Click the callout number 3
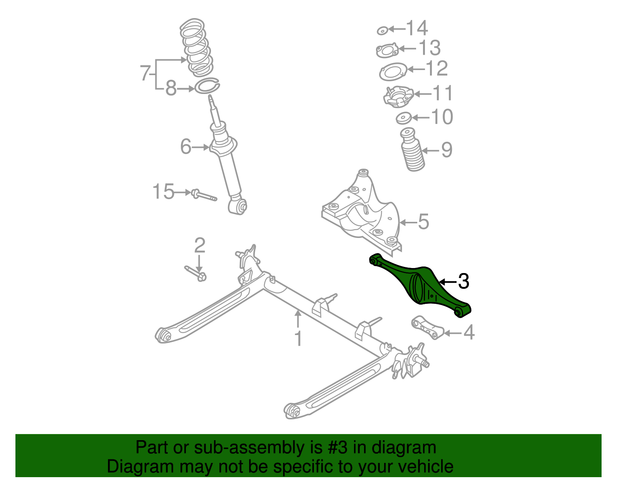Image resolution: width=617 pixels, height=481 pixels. (x=463, y=282)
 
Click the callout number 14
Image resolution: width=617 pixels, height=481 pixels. (x=417, y=28)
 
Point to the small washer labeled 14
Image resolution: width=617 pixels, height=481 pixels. (x=382, y=30)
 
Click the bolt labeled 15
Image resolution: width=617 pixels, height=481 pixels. (x=204, y=195)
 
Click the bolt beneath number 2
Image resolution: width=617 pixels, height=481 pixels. (x=196, y=273)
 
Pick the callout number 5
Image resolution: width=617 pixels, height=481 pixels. (x=423, y=222)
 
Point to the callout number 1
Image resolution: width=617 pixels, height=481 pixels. (x=298, y=339)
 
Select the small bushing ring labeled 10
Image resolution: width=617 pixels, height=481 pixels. (x=403, y=118)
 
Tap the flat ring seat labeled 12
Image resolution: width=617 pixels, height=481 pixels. (x=393, y=72)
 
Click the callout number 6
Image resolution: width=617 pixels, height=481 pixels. (x=186, y=147)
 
